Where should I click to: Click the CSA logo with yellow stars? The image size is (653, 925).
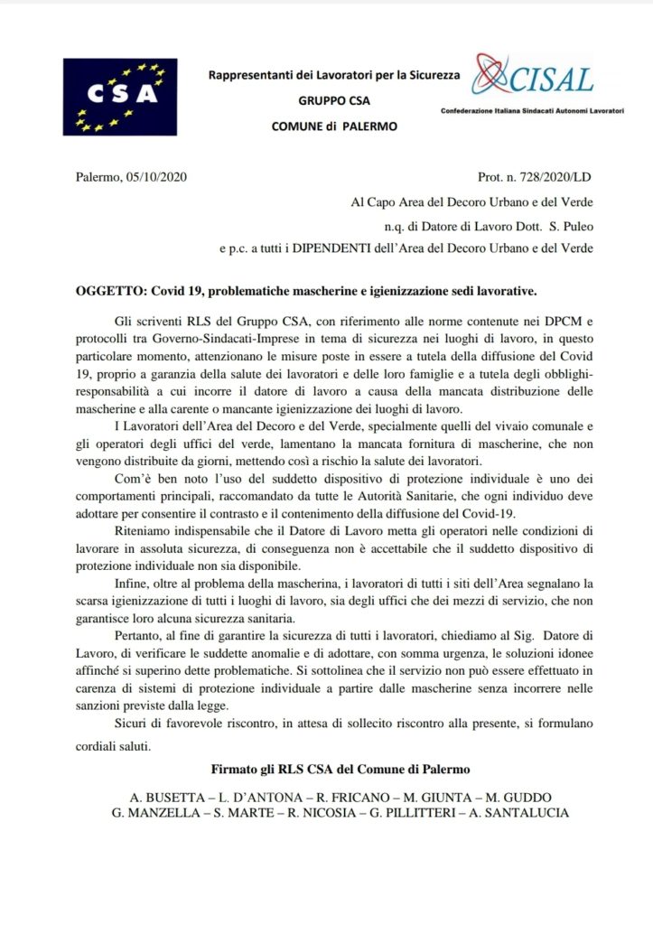[120, 97]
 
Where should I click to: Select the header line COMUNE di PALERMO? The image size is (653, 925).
[334, 126]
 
